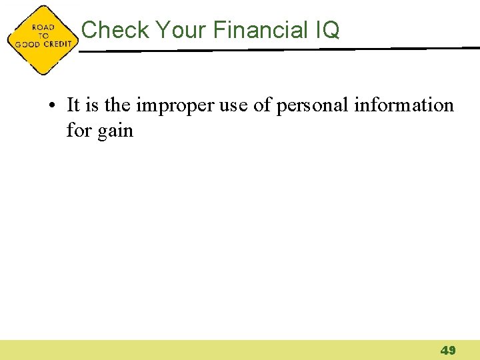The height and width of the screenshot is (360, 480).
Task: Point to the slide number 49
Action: click(447, 350)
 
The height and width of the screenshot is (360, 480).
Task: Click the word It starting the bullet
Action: click(73, 105)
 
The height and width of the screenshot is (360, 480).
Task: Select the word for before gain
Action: click(78, 131)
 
